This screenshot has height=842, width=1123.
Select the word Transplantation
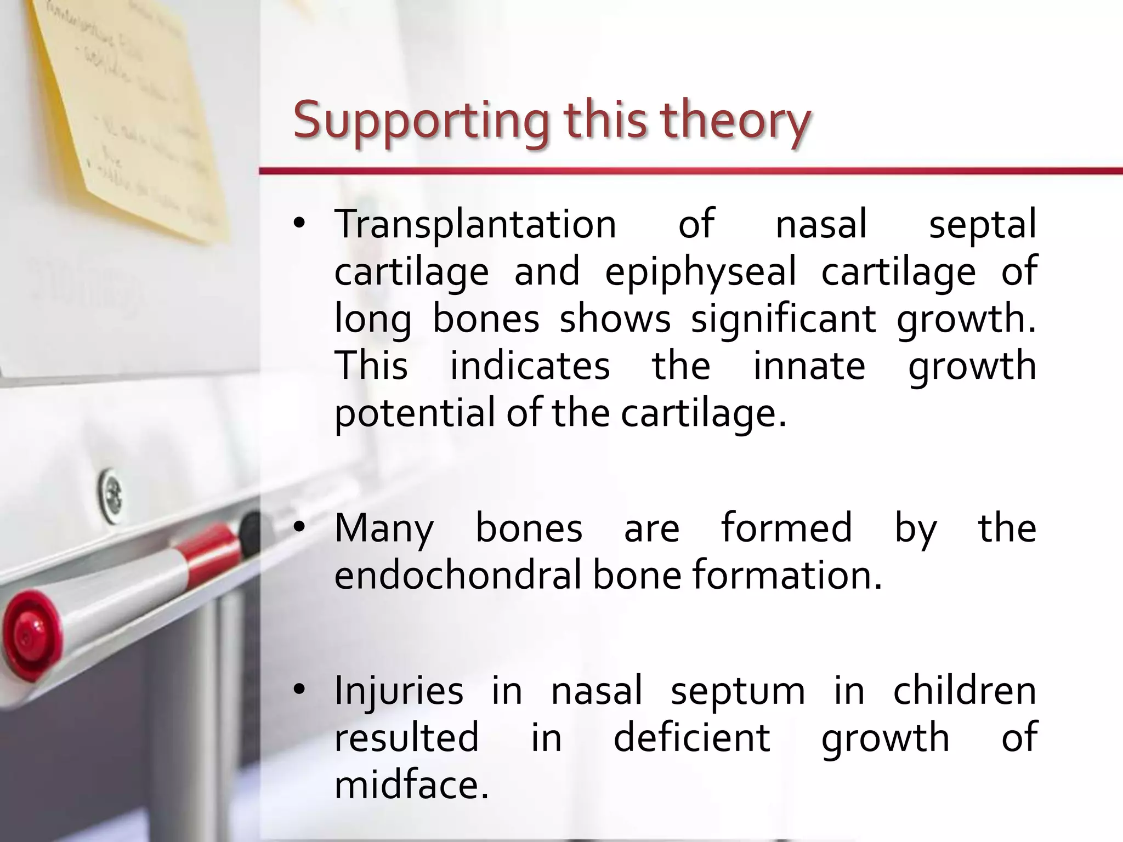[475, 225]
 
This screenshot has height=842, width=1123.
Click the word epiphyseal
[700, 272]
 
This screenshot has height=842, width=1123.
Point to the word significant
[783, 319]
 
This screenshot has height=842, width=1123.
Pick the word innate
[809, 366]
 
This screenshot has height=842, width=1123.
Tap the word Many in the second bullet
[384, 528]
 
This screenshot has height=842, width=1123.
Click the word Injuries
[399, 691]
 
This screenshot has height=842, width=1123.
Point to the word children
[965, 691]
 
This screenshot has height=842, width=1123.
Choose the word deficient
[691, 738]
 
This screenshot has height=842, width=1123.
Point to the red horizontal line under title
[691, 172]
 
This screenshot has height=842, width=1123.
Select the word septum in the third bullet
[738, 692]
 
